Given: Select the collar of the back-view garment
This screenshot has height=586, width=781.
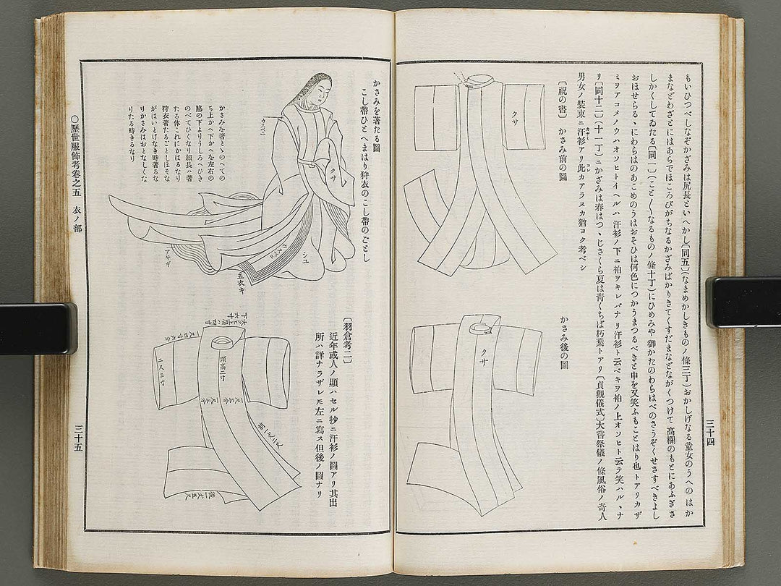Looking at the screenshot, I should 484,328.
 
